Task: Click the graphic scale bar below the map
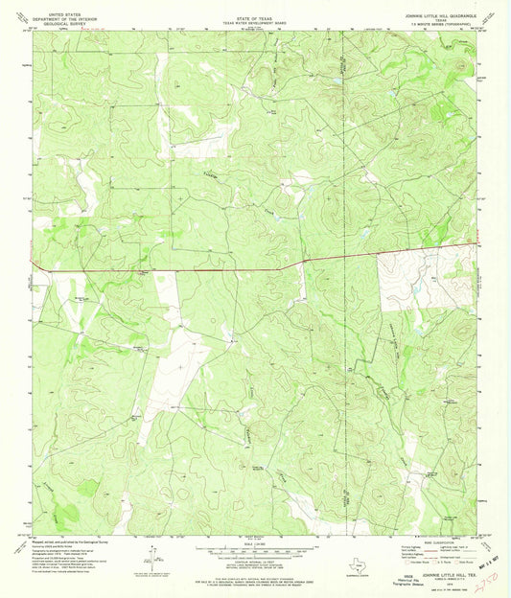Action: click(254, 554)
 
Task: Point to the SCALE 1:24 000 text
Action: click(254, 545)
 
